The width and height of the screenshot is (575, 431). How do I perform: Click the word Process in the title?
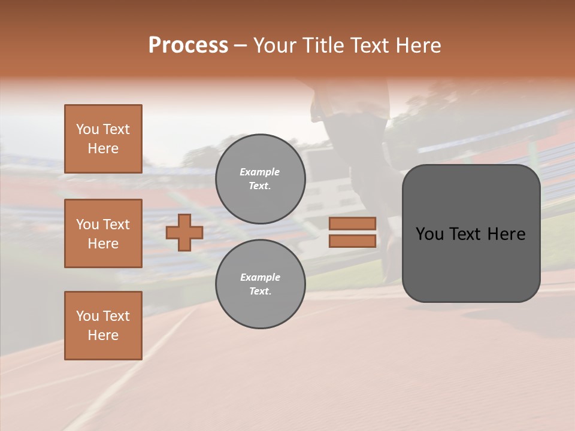188,45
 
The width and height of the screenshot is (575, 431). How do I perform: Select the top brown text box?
103,139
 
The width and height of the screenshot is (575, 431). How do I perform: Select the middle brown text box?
103,233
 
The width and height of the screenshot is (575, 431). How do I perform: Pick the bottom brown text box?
103,326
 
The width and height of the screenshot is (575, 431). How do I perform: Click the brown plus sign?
184,232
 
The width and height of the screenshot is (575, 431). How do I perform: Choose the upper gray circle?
261,179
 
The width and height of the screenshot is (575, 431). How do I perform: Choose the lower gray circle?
261,284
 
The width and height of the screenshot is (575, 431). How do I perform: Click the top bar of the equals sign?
353,224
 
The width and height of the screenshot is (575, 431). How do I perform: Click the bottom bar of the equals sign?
353,241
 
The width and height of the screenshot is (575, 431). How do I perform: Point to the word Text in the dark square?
463,234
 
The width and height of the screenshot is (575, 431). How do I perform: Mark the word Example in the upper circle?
259,172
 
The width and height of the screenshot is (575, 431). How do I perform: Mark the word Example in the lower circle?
259,277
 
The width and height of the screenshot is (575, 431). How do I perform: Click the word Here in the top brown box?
103,148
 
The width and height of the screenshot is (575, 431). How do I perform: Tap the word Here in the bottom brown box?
103,335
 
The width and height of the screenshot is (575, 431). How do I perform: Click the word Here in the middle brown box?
103,244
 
